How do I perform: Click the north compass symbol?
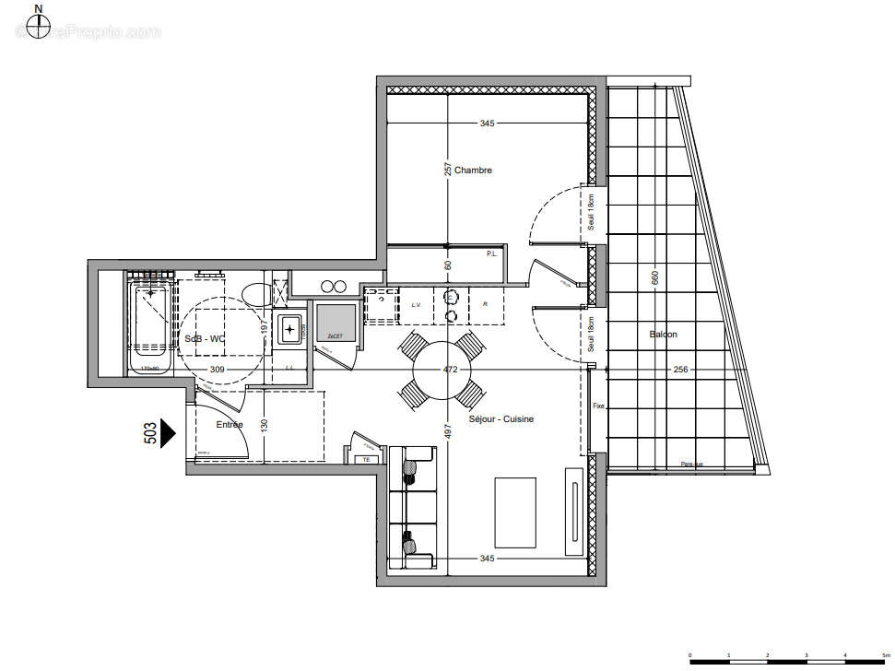click(38, 28)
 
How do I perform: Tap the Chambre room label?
click(473, 171)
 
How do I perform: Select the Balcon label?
click(663, 335)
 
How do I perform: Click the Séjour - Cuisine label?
click(500, 419)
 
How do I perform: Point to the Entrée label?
click(230, 425)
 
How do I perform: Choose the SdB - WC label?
click(205, 338)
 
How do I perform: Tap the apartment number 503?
click(150, 433)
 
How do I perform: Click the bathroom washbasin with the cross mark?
click(292, 329)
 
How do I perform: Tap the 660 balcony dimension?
click(655, 277)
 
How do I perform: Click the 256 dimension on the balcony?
click(680, 370)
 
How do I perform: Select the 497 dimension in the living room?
click(448, 432)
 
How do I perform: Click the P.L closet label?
click(491, 253)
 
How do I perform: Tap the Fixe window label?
click(599, 406)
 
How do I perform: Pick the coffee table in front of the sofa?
click(516, 512)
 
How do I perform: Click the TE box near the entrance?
click(366, 458)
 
